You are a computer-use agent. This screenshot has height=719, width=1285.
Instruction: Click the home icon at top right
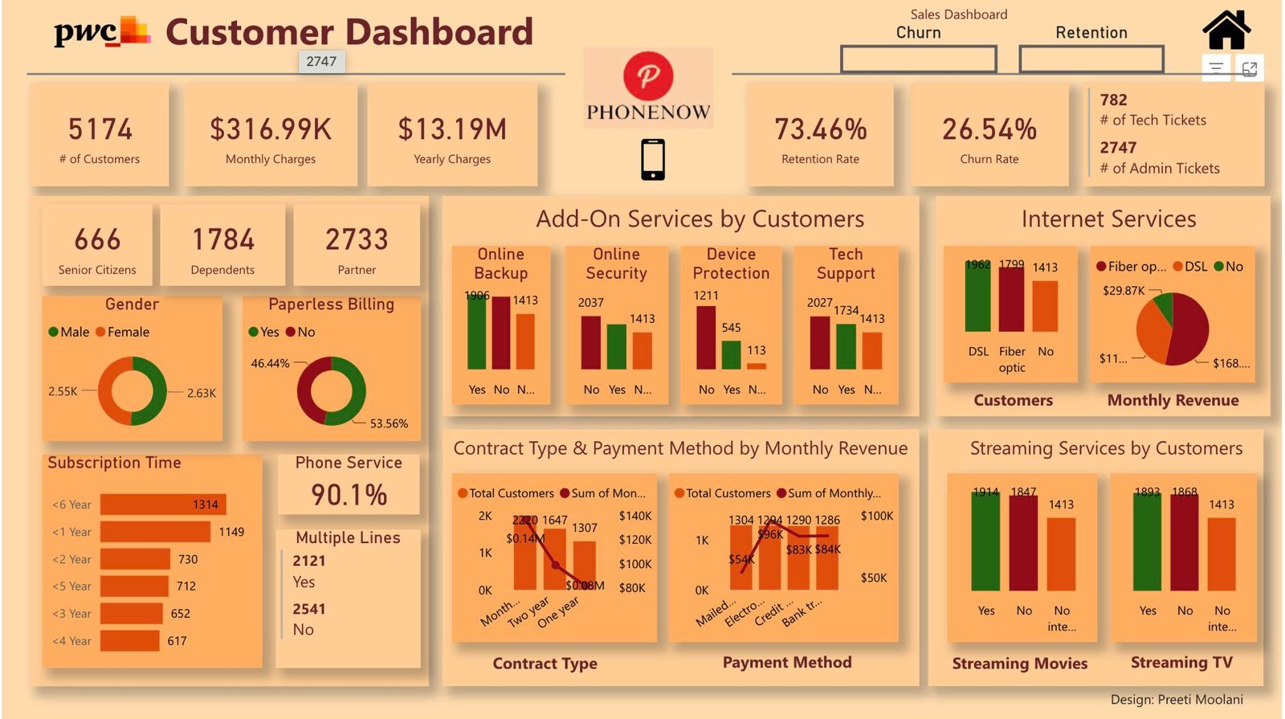coord(1226,31)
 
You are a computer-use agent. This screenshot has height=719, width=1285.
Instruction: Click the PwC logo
coord(101,32)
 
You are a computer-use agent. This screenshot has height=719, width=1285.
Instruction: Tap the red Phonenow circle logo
coord(648,76)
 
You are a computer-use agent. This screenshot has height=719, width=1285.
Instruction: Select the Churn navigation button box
coord(918,59)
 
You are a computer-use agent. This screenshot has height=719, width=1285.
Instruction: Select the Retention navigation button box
coord(1091,59)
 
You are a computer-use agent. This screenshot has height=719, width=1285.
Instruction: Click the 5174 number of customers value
coord(100,129)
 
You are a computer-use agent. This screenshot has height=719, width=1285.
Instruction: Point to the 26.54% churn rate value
coord(989,129)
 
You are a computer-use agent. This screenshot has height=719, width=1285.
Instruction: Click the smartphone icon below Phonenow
coord(652,159)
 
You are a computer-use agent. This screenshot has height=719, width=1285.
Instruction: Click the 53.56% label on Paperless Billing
coord(389,423)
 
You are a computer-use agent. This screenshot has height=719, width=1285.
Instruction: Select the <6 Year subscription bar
coord(162,505)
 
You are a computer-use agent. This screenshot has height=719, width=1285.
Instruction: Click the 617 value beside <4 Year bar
coord(177,641)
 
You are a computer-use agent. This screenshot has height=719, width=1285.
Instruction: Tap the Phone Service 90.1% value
coord(349,495)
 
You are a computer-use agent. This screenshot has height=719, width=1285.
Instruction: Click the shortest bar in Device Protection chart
coord(757,366)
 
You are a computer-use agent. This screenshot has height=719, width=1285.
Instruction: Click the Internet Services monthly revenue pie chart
coord(1173,329)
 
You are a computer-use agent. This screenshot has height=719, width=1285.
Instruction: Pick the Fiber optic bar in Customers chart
coord(1011,299)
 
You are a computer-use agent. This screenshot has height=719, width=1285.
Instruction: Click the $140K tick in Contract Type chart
coord(634,516)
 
